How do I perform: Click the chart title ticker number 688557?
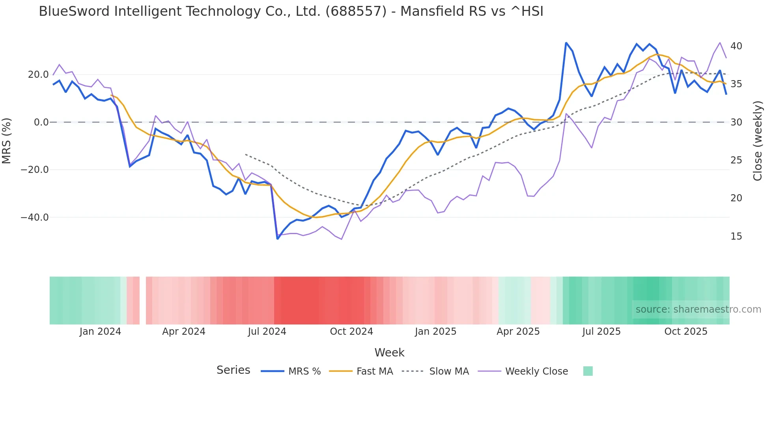[356, 11]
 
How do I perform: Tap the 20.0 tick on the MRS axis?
[38, 75]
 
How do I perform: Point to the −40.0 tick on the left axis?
[35, 217]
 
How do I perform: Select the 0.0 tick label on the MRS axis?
[41, 122]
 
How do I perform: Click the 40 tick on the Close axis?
[736, 46]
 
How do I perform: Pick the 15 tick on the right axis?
[736, 236]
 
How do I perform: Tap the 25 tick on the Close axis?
[736, 160]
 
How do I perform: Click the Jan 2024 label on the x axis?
[100, 332]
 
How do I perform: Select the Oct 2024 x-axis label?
[351, 332]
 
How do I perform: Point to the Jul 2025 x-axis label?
[601, 332]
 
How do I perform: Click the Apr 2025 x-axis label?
[518, 332]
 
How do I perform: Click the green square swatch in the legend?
[588, 371]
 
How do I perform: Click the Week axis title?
[389, 352]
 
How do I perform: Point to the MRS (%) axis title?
[7, 141]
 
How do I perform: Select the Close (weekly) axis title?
[757, 141]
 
